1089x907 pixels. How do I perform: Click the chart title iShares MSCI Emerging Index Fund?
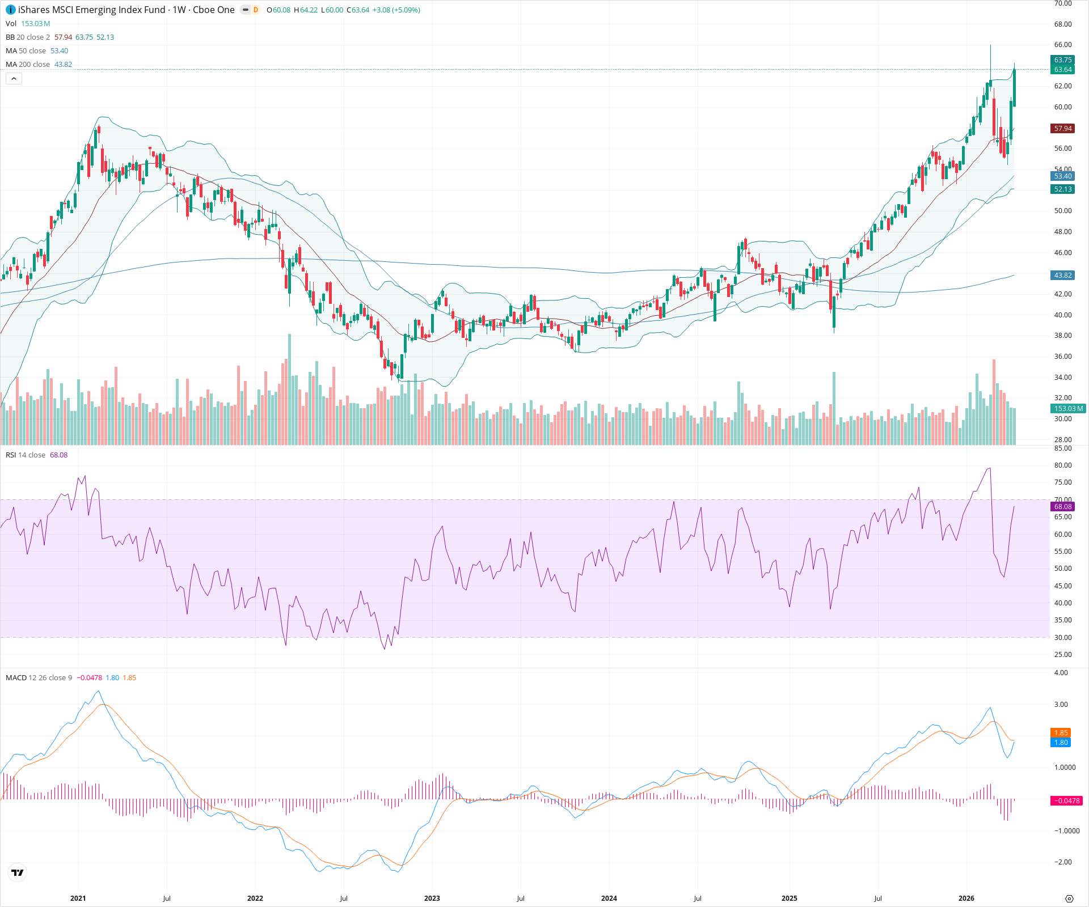point(91,10)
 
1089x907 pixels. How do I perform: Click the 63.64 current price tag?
point(1062,70)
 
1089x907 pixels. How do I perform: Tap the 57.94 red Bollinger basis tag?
point(1062,129)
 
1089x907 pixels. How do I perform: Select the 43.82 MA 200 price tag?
point(1062,276)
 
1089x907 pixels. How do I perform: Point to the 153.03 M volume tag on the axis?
point(1068,409)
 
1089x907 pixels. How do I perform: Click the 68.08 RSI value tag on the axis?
point(1062,507)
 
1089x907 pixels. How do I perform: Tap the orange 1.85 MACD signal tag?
point(1061,733)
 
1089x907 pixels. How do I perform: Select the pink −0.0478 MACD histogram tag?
point(1067,801)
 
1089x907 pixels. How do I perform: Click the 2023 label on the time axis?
point(432,898)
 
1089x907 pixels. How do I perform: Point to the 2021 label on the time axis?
point(78,898)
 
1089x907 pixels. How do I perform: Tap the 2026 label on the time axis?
point(966,898)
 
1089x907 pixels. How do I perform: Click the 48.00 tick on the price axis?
point(1063,232)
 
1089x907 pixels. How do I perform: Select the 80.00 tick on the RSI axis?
point(1063,465)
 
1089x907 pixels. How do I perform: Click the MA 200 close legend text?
point(28,65)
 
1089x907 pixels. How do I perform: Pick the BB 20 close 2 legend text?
point(28,37)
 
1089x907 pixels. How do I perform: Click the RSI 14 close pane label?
point(26,455)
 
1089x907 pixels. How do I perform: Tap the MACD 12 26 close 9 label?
point(39,678)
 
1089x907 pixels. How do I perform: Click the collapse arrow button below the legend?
point(14,79)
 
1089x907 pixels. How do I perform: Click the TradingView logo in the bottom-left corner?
point(18,872)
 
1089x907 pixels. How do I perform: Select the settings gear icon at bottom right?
point(1069,898)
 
